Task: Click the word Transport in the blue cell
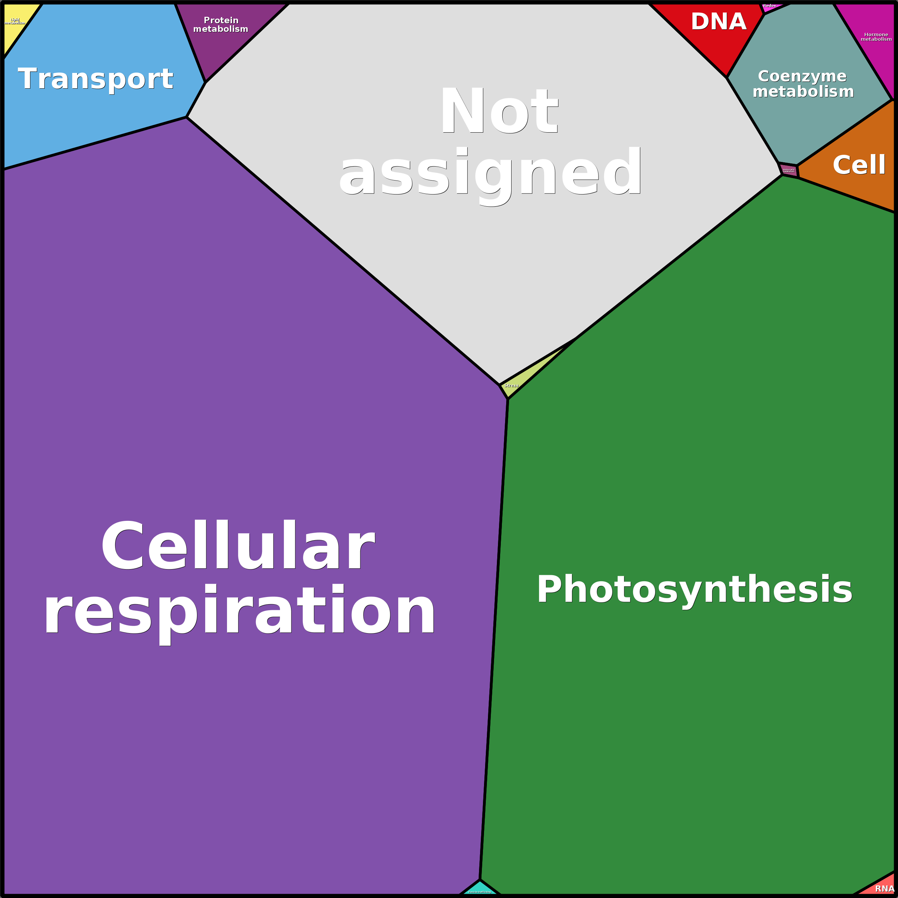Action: [x=95, y=79]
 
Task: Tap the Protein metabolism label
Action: [x=221, y=25]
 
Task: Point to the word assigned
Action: [x=490, y=172]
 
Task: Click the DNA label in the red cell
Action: [x=718, y=22]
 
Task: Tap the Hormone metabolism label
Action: [x=876, y=37]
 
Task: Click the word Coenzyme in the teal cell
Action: [x=802, y=76]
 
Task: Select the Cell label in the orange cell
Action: [x=859, y=165]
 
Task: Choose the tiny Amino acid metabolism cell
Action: [x=789, y=171]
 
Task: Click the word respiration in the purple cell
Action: [x=240, y=610]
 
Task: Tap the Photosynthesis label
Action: [x=695, y=589]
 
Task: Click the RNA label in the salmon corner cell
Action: [x=884, y=889]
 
